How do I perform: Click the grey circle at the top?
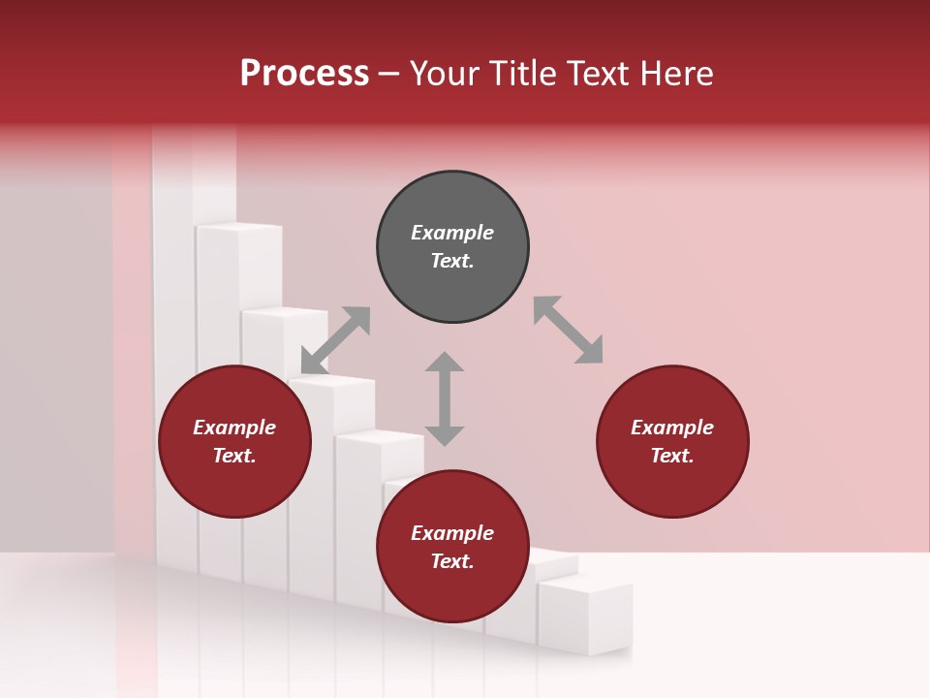click(x=452, y=247)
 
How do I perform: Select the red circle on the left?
click(x=234, y=442)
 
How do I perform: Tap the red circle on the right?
click(x=672, y=442)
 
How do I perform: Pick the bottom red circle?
click(x=452, y=547)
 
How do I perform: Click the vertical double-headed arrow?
click(x=445, y=398)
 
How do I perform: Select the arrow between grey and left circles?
click(x=335, y=340)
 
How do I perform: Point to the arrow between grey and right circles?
click(x=568, y=330)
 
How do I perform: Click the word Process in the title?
click(x=304, y=73)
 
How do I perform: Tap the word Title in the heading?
click(x=523, y=73)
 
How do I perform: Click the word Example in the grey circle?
click(x=452, y=233)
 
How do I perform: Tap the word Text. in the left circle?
click(x=234, y=456)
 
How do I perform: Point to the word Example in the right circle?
click(x=672, y=428)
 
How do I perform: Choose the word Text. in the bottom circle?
click(x=452, y=561)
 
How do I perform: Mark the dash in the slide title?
click(x=389, y=74)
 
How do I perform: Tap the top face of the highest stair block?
click(x=238, y=229)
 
